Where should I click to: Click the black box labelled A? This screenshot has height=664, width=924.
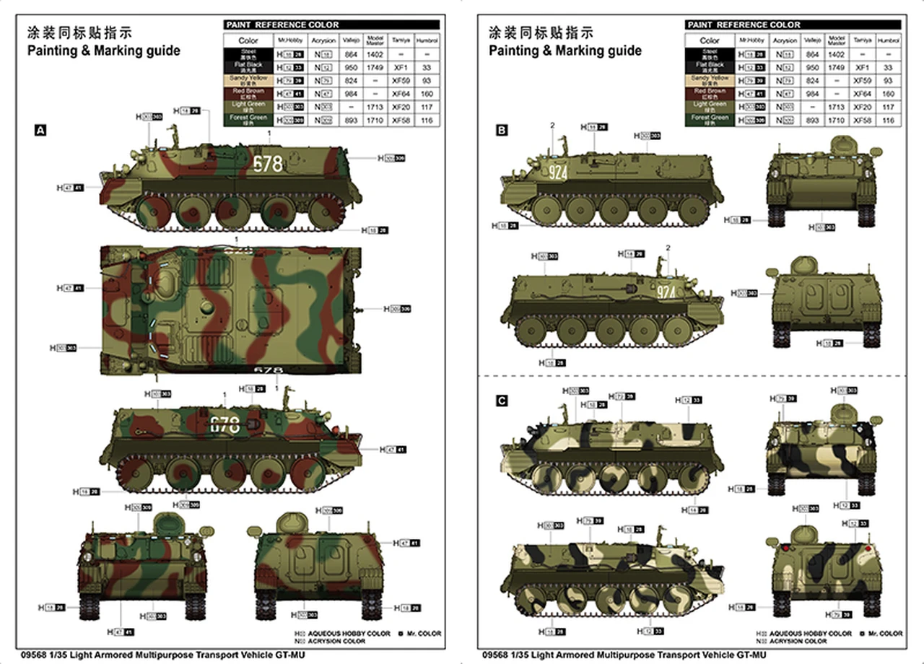coord(40,130)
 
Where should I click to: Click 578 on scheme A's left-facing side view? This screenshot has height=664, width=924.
coord(268,165)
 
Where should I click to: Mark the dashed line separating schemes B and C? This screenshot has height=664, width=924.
coord(693,377)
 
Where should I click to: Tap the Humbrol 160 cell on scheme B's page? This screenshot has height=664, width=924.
coord(888,94)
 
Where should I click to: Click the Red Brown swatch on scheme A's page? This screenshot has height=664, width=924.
coord(248,93)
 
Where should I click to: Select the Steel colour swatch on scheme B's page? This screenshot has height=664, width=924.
coord(710,54)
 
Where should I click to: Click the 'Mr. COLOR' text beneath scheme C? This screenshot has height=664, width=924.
coord(885,633)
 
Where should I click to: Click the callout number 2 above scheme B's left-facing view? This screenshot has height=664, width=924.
coord(552,126)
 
